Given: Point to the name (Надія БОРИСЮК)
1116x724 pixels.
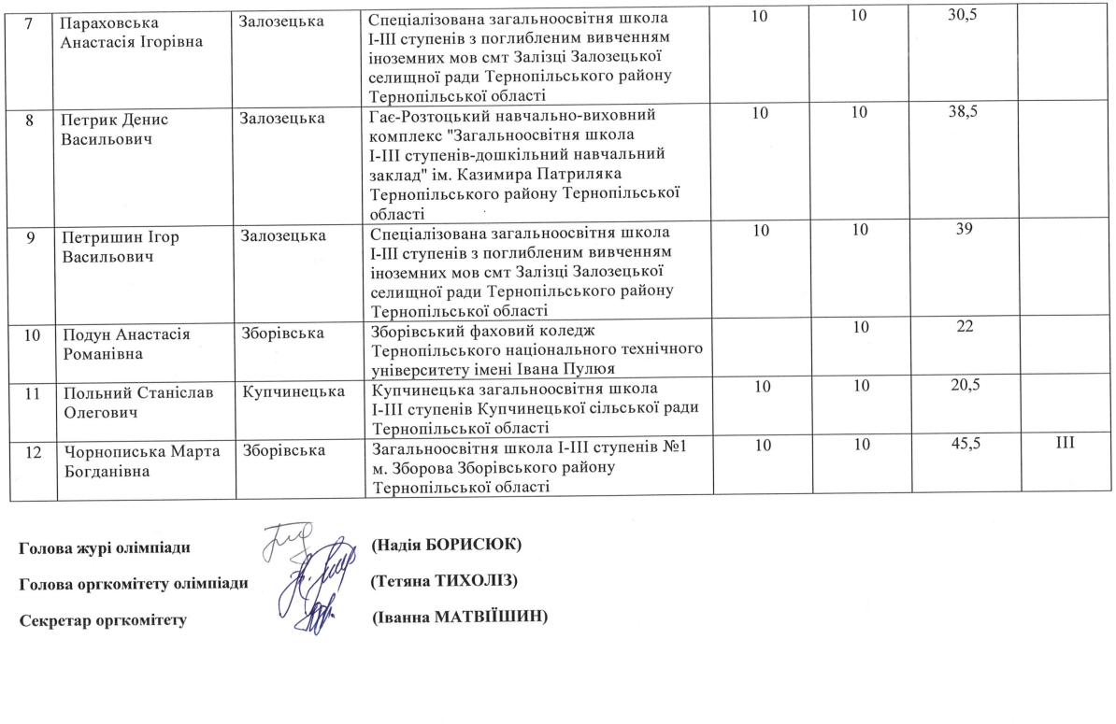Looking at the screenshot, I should point(446,544).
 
